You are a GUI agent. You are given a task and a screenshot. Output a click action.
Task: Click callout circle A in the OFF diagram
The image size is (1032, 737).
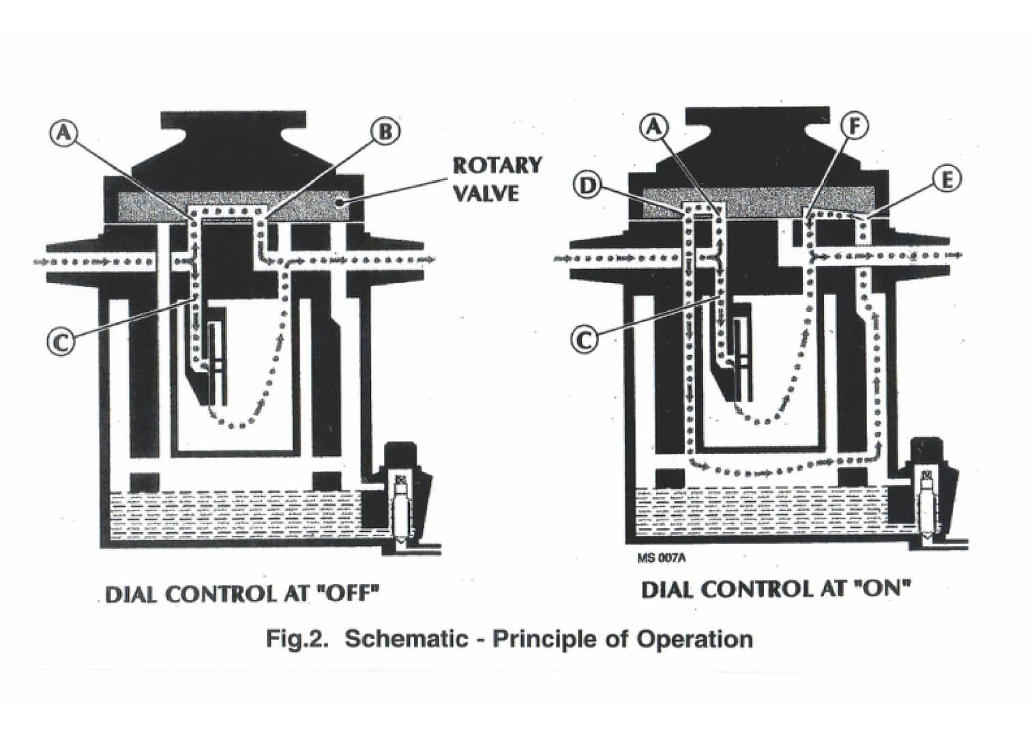point(63,132)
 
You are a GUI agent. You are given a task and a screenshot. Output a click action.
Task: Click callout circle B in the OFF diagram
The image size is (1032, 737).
point(385,131)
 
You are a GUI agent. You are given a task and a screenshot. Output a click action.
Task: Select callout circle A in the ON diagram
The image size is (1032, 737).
point(654,127)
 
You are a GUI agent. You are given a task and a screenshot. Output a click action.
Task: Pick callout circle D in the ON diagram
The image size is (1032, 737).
point(588,184)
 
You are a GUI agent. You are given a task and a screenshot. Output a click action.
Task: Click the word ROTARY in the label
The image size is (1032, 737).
point(497,165)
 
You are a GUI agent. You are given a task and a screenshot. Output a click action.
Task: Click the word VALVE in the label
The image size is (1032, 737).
point(486,193)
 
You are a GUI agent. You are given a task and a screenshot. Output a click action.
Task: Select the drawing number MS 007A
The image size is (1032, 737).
point(661,558)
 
